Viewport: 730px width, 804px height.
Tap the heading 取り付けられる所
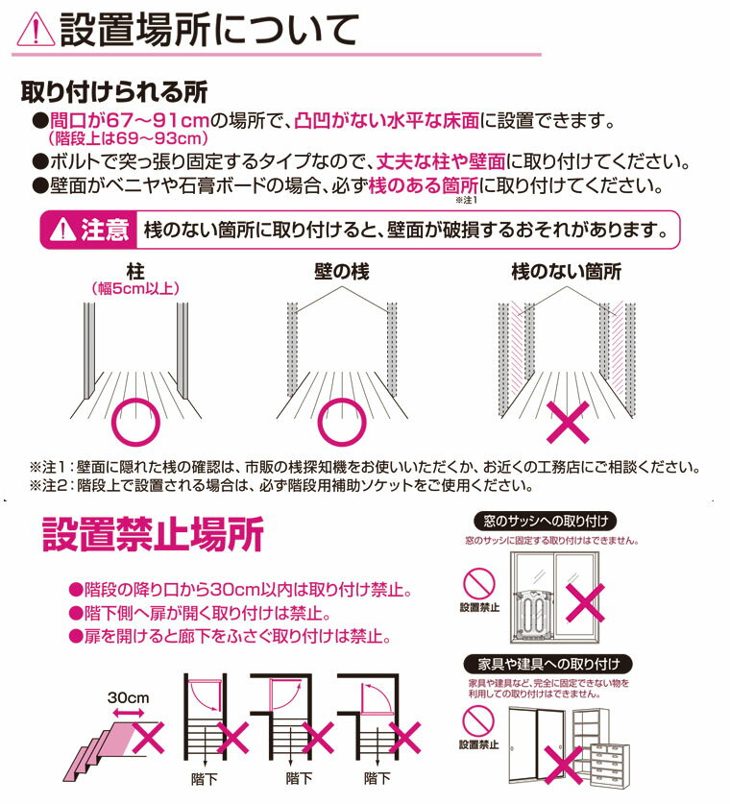[114, 92]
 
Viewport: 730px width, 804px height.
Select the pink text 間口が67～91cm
[130, 121]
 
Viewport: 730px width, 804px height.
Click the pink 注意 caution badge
[89, 230]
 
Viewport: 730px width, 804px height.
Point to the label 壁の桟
[342, 271]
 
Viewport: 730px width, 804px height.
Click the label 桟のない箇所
[566, 271]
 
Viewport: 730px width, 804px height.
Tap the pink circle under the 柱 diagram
[135, 422]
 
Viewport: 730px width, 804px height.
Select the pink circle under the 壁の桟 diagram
[342, 422]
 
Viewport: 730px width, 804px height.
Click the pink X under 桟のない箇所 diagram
[568, 423]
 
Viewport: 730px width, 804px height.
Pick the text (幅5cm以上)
[135, 289]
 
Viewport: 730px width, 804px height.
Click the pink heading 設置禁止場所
[153, 534]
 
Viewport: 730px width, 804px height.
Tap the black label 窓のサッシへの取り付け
[546, 521]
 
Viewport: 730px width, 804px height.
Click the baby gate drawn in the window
[533, 614]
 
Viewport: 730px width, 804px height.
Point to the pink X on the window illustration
[585, 602]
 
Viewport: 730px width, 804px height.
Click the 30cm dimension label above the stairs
[128, 698]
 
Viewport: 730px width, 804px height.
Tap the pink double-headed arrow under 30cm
[128, 713]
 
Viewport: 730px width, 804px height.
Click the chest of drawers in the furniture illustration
[610, 764]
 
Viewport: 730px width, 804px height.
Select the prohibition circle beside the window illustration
[478, 583]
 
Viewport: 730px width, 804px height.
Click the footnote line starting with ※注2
[281, 485]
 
